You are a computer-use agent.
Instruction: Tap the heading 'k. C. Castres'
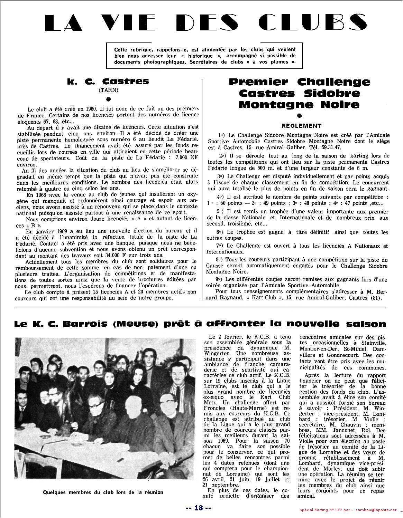[108, 81]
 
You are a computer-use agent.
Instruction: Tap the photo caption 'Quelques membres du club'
[103, 492]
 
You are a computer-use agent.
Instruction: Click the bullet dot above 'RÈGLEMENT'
[299, 116]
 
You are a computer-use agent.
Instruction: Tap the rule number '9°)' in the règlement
[219, 279]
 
